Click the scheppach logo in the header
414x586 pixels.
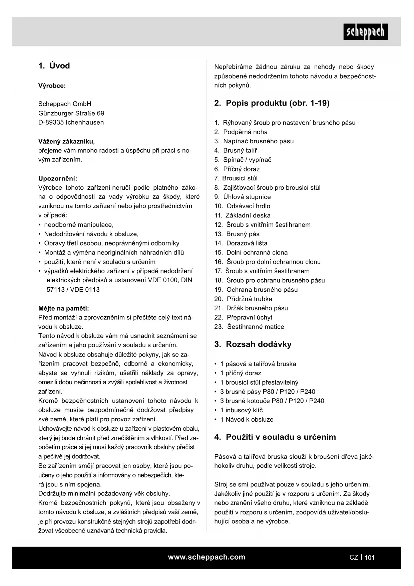(366, 32)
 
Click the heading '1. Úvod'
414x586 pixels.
(54, 66)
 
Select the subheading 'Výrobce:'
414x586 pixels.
(52, 86)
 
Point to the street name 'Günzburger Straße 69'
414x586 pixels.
(71, 113)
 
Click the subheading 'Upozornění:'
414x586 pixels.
(58, 178)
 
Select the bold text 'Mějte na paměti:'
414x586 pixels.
(64, 308)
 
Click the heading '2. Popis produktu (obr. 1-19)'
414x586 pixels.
(272, 103)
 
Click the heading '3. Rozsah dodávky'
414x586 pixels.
(253, 344)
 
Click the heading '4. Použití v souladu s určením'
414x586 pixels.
(275, 437)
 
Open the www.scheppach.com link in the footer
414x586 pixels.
(206, 557)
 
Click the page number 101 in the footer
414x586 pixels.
(369, 557)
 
